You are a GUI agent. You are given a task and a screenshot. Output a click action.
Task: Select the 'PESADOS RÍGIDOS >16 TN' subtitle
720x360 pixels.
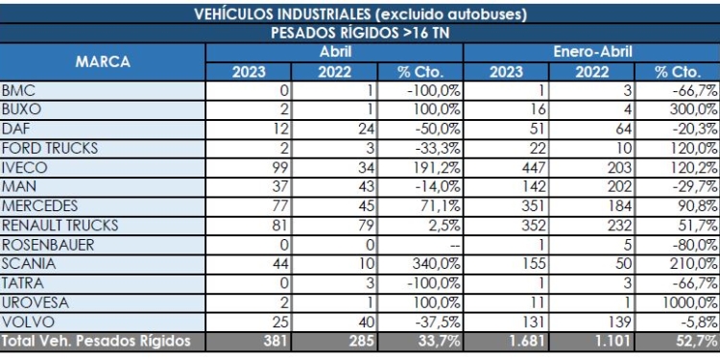coord(359,33)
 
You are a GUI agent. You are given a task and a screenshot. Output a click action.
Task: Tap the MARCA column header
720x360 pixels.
coord(102,60)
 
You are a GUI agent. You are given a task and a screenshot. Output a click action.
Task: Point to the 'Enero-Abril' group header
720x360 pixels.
coord(591,51)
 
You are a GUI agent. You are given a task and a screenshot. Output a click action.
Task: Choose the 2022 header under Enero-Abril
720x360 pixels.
coord(591,71)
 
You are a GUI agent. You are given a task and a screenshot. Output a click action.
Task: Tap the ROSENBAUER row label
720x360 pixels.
coord(48,244)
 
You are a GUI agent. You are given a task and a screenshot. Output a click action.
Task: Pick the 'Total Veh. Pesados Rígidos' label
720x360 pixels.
coord(96,340)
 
